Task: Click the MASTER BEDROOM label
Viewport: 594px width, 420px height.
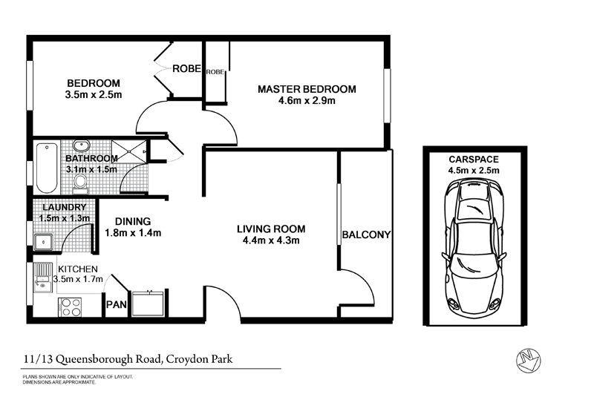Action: tap(307, 89)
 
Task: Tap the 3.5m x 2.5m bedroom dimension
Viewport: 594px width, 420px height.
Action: tap(93, 94)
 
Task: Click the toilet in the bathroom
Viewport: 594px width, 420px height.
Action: tap(82, 180)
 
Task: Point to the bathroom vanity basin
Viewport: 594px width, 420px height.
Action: tap(85, 145)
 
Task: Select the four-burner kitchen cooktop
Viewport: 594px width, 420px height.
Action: tap(70, 306)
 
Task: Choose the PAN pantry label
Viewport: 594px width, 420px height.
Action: tap(116, 304)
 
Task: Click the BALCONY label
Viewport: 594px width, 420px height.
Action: tap(366, 235)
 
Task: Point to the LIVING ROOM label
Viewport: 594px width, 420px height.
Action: tap(271, 229)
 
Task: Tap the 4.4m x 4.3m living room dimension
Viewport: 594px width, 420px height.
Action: tap(271, 240)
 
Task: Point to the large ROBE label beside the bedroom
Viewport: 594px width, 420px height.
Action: tap(186, 68)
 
